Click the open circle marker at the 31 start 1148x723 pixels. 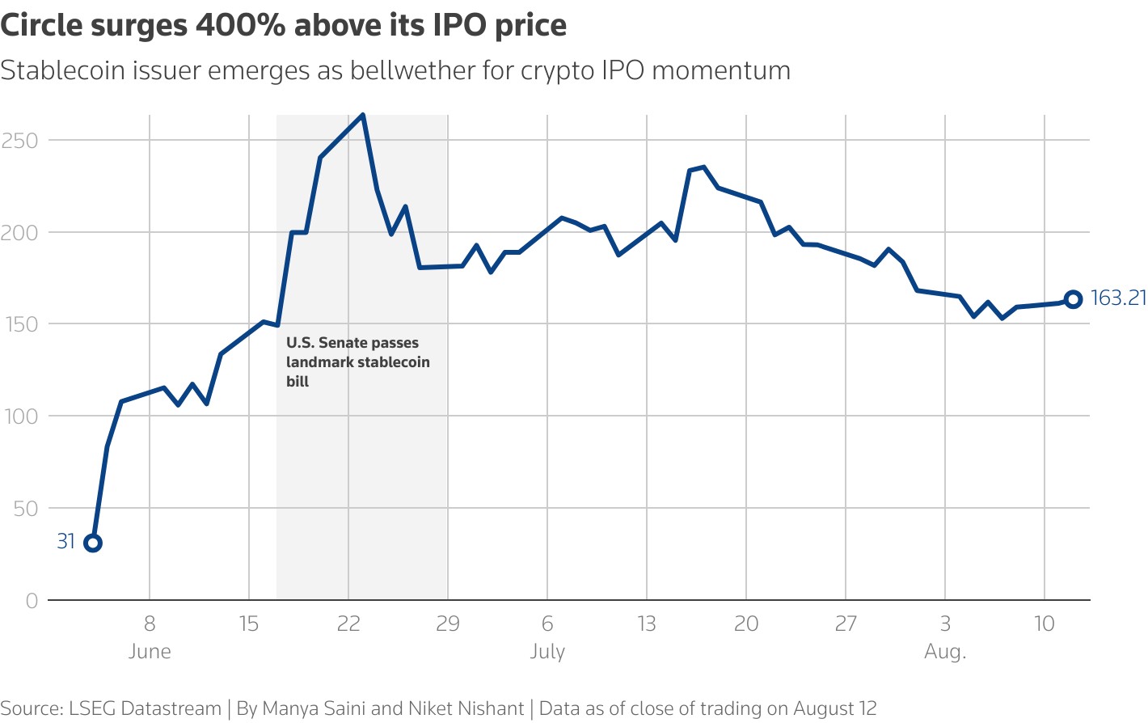[x=93, y=543]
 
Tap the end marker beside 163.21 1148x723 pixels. [x=1073, y=299]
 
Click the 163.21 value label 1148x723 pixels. [x=1118, y=298]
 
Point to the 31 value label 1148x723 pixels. [x=65, y=542]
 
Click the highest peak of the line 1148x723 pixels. [x=363, y=115]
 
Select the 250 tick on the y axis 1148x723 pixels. [x=20, y=141]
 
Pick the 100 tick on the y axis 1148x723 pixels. [x=20, y=416]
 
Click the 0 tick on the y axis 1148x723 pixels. [x=32, y=600]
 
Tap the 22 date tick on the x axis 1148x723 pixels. [x=348, y=624]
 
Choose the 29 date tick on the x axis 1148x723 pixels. [x=448, y=624]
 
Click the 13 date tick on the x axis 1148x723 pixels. [x=647, y=624]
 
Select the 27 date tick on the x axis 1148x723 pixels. [x=846, y=624]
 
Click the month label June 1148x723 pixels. [x=150, y=652]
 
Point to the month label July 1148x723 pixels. [x=547, y=652]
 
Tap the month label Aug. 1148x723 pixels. [x=945, y=652]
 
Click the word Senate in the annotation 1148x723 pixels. [x=343, y=343]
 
